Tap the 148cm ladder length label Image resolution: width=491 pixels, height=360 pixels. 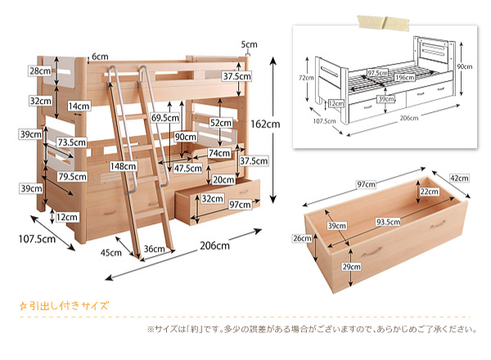pyautogui.click(x=124, y=166)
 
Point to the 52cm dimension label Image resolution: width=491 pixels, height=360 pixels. pyautogui.click(x=219, y=122)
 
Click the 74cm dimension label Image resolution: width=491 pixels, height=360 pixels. pyautogui.click(x=218, y=153)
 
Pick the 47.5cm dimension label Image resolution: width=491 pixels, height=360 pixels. pyautogui.click(x=188, y=168)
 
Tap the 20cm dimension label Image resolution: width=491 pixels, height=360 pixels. pyautogui.click(x=223, y=179)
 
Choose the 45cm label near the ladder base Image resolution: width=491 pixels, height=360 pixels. pyautogui.click(x=111, y=252)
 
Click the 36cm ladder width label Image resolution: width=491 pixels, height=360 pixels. pyautogui.click(x=153, y=250)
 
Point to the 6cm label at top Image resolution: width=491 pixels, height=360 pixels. pyautogui.click(x=100, y=56)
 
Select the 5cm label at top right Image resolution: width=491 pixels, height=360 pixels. pyautogui.click(x=249, y=44)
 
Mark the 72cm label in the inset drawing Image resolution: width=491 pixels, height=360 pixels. pyautogui.click(x=304, y=78)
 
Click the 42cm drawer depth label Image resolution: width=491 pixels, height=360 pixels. pyautogui.click(x=459, y=178)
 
